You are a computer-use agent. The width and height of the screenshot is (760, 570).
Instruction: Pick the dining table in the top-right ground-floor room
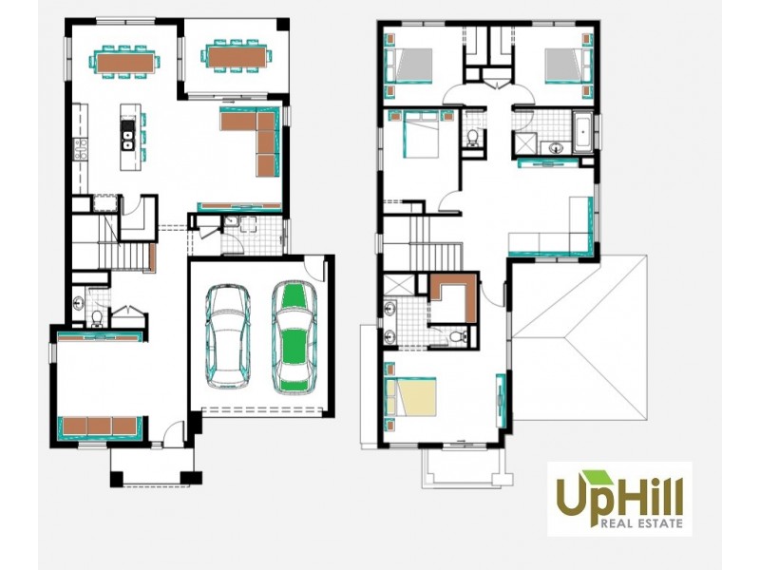click(x=235, y=56)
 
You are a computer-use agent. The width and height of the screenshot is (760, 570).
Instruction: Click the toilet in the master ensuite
click(x=456, y=335)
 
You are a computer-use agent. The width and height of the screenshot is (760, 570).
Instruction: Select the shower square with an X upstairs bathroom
click(x=524, y=143)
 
